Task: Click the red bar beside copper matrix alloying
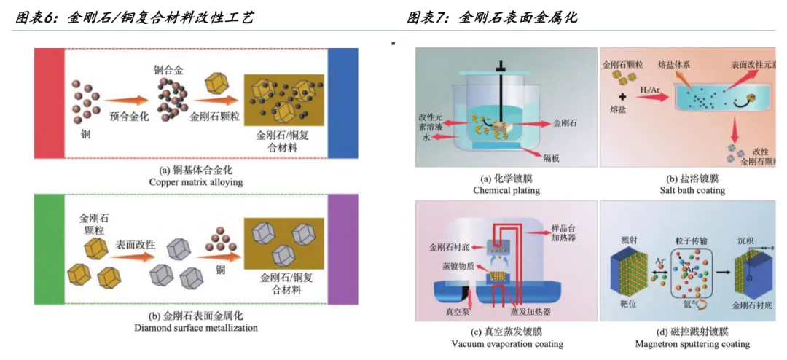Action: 49,103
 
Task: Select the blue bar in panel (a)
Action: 342,103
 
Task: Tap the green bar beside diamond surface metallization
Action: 49,249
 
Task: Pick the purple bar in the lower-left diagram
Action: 342,249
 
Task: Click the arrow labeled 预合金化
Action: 126,103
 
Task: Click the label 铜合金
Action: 168,71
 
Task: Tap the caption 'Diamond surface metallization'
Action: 196,328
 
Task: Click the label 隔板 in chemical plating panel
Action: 551,158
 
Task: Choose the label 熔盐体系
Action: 675,65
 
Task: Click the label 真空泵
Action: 446,312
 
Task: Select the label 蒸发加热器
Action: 533,312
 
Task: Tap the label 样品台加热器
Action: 561,232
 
